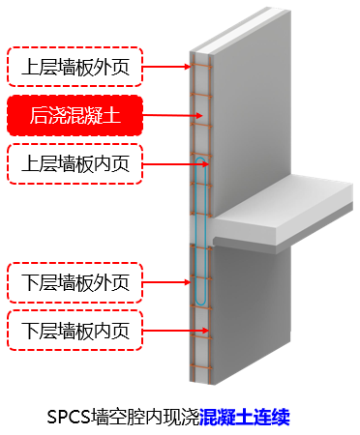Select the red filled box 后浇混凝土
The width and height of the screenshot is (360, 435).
tap(75, 115)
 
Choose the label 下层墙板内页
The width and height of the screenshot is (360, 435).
tap(75, 329)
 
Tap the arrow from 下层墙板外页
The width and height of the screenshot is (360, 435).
tap(168, 282)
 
